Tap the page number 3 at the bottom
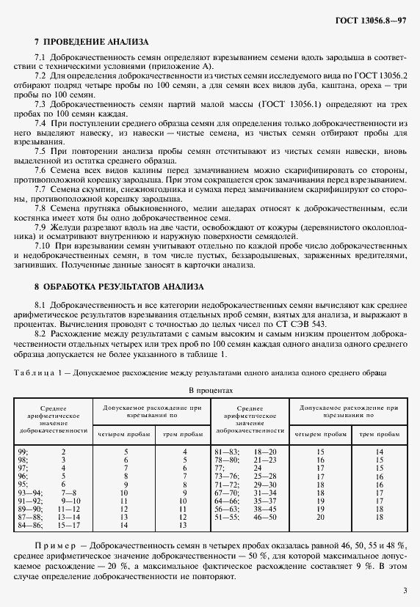pos(405,589)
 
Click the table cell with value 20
pos(319,517)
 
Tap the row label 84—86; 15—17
pos(48,526)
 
